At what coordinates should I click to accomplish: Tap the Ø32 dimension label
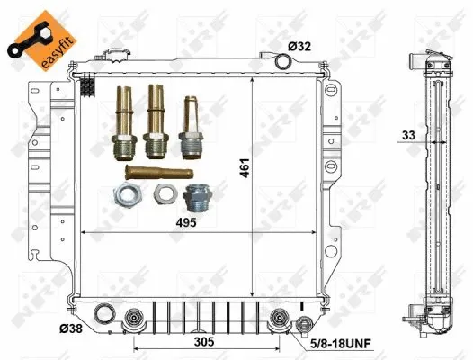[x=299, y=47]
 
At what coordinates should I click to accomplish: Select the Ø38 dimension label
[x=71, y=328]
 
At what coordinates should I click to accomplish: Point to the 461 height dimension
[x=245, y=167]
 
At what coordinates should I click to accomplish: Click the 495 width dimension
[x=186, y=222]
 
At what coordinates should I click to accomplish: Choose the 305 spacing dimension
[x=204, y=342]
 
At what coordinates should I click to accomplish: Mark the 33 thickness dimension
[x=408, y=135]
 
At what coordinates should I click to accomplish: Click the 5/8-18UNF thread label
[x=341, y=344]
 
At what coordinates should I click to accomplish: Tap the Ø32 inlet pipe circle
[x=283, y=61]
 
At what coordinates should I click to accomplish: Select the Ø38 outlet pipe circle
[x=104, y=314]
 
